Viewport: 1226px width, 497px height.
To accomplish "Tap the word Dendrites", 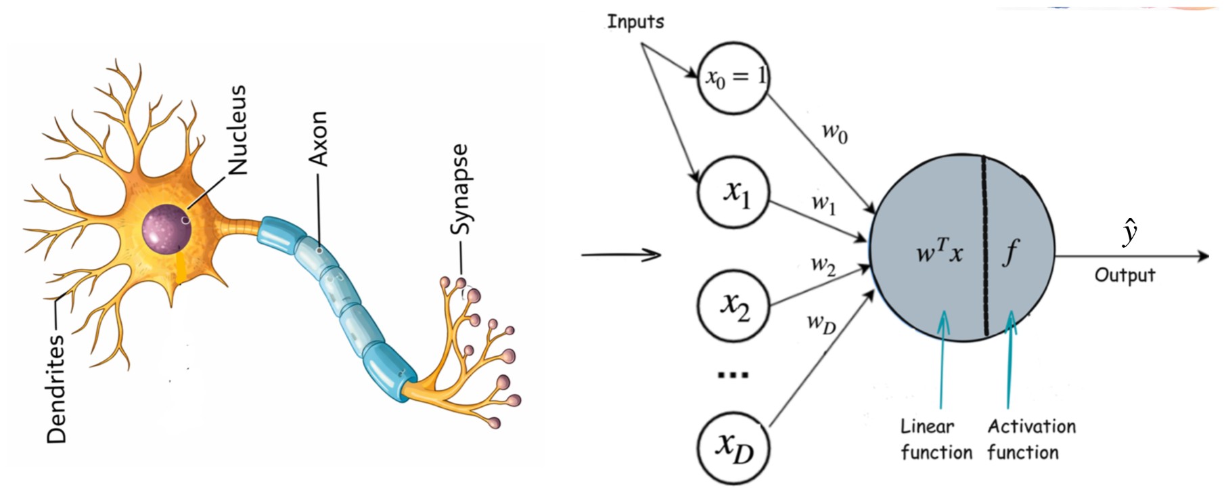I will (x=58, y=389).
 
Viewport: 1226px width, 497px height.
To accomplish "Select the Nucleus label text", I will (x=237, y=130).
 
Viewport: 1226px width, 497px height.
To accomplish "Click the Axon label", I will (x=318, y=139).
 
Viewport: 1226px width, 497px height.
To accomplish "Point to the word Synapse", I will (x=459, y=190).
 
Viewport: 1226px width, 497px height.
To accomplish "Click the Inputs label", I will (x=635, y=22).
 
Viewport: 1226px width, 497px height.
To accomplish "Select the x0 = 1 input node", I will (x=734, y=77).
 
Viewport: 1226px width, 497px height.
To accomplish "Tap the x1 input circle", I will (x=734, y=192).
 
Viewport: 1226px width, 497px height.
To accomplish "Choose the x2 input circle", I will (x=734, y=306).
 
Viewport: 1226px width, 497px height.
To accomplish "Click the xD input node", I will (x=734, y=448).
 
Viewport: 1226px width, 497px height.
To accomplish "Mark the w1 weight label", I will (x=824, y=203).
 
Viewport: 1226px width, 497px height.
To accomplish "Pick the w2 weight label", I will (x=823, y=265).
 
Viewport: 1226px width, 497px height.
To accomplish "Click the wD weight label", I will (x=821, y=323).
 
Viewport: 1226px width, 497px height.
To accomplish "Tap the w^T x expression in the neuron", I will (x=939, y=252).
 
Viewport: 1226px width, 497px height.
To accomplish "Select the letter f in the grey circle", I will (x=1011, y=252).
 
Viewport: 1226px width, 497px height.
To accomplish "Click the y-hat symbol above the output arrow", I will (x=1129, y=232).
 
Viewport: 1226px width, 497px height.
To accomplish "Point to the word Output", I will (x=1125, y=275).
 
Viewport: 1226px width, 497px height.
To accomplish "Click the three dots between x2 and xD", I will (x=733, y=374).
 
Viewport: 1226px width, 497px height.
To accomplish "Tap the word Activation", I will (x=1031, y=427).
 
